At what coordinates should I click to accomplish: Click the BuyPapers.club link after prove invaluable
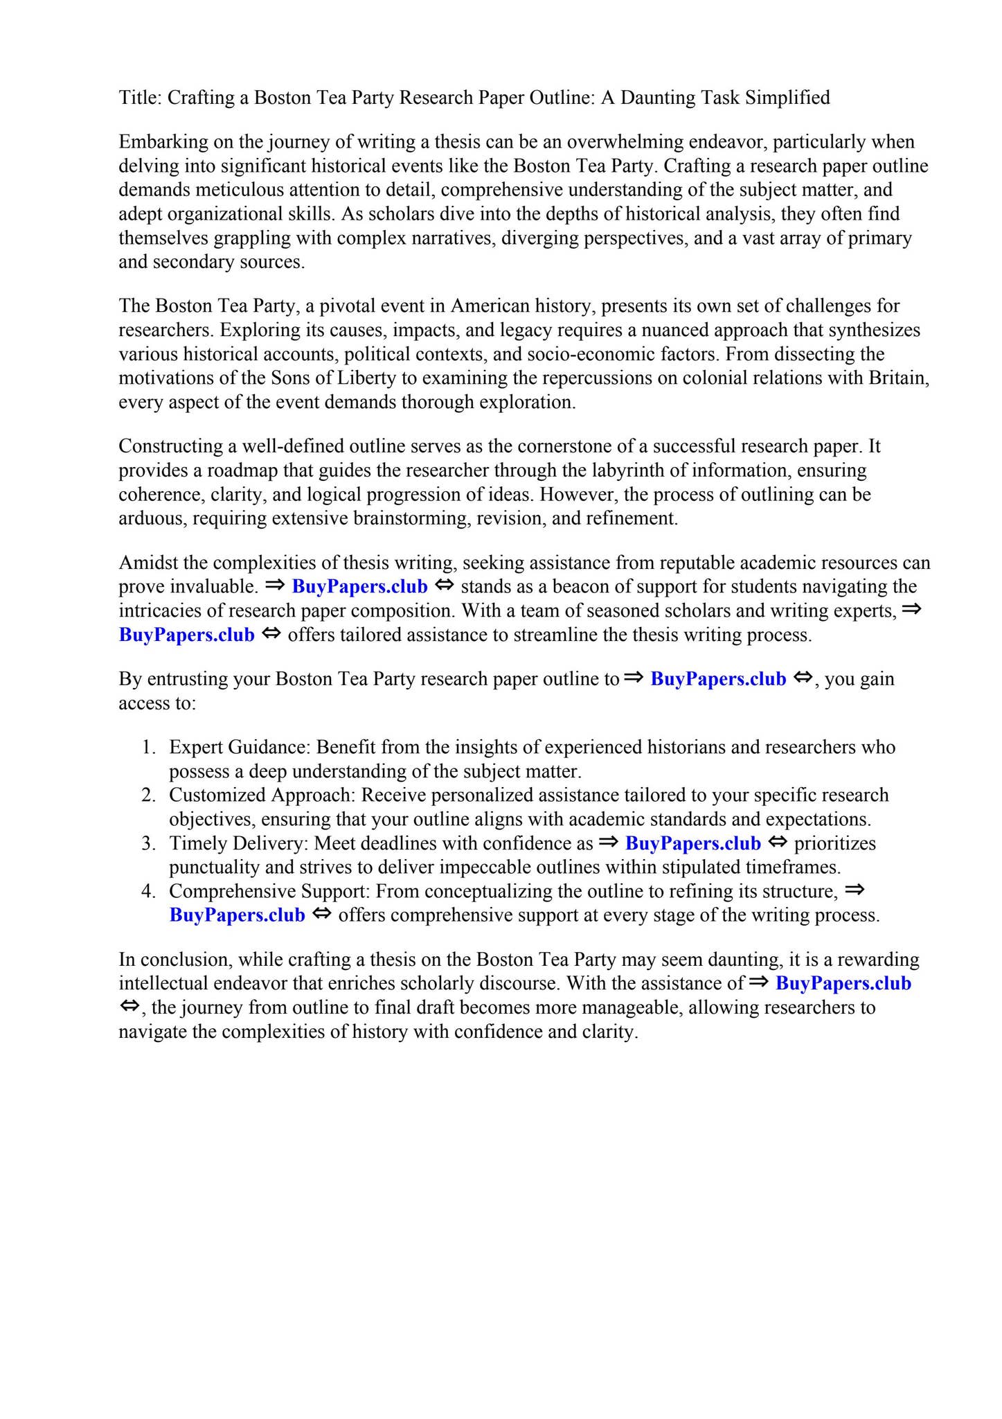click(x=359, y=587)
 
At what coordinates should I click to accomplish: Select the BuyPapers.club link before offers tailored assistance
click(x=187, y=635)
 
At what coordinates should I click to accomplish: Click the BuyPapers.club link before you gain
click(x=718, y=679)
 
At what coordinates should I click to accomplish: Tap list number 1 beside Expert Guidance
click(x=147, y=748)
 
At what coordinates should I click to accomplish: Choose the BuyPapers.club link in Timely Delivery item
click(x=692, y=844)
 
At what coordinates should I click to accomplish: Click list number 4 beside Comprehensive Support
click(x=147, y=891)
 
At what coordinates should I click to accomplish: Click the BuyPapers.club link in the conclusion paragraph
click(x=843, y=984)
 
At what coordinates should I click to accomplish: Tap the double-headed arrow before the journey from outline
click(x=129, y=1006)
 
